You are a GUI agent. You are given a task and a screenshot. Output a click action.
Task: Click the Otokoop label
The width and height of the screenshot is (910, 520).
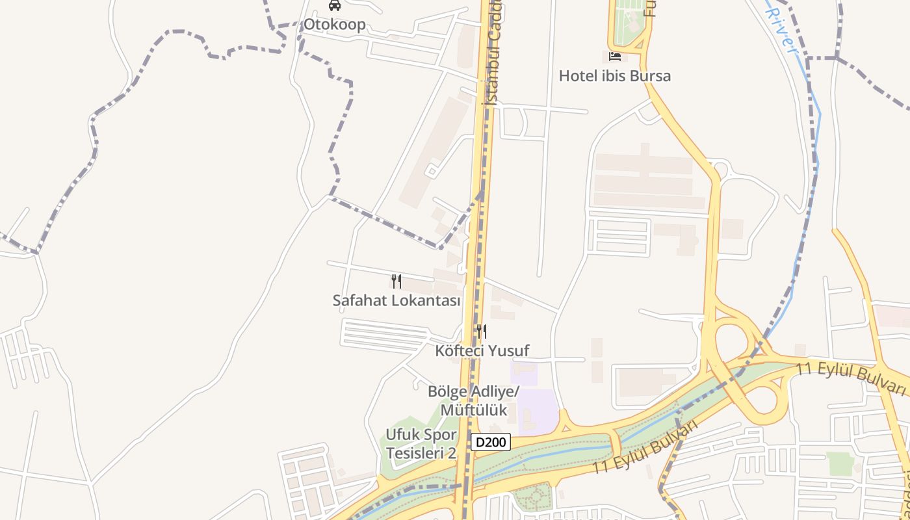[335, 25]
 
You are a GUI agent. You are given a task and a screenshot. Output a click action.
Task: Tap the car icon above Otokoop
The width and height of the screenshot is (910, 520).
[335, 6]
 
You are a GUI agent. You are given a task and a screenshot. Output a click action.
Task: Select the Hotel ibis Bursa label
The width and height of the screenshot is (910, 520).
[614, 76]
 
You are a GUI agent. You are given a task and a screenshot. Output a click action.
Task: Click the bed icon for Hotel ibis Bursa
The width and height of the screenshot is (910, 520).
[614, 57]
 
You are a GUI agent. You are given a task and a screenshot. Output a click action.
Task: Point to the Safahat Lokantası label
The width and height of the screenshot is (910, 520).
[396, 301]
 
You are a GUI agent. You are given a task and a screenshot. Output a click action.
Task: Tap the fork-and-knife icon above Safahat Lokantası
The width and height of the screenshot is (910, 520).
[396, 281]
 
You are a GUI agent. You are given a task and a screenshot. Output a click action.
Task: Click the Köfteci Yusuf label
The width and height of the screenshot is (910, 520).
[482, 351]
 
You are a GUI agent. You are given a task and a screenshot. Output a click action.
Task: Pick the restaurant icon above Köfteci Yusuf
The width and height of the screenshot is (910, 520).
[482, 331]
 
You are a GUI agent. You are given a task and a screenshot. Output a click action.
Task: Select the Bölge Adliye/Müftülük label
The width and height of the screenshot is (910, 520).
[474, 400]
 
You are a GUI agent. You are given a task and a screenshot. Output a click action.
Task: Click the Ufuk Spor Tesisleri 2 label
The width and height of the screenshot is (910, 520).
[422, 443]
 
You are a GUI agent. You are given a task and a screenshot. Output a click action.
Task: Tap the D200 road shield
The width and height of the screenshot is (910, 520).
[491, 443]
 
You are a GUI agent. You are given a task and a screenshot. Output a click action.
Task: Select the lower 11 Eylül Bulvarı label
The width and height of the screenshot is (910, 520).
[645, 448]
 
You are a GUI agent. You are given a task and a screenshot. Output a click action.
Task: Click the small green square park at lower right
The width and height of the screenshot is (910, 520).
[840, 463]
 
